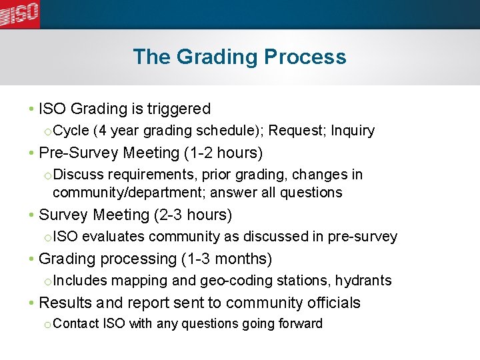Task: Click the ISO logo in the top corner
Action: click(x=20, y=13)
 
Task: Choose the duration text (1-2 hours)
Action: click(x=223, y=153)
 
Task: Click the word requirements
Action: click(x=151, y=175)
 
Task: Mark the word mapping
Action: click(x=137, y=281)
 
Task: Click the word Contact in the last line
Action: click(x=76, y=324)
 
